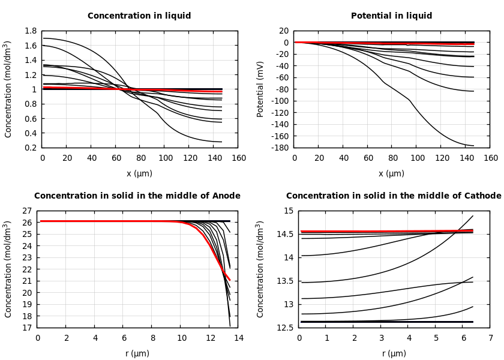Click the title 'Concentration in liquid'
tap(139, 16)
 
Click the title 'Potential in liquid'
tap(391, 16)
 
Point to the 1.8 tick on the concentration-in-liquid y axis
tap(31, 31)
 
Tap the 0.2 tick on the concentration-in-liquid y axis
tap(31, 148)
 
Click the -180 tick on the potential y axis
tap(279, 148)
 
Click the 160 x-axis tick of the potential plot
tap(490, 158)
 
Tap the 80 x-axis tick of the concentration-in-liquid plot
tap(140, 158)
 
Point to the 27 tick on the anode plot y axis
tap(27, 211)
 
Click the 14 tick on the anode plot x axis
tap(238, 338)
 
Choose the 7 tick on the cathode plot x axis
tap(490, 338)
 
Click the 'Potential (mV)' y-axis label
tap(260, 89)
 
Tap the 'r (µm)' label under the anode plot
tap(137, 353)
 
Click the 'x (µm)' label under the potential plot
tap(391, 173)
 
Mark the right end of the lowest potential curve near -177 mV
tap(473, 145)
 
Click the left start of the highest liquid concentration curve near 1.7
tap(44, 38)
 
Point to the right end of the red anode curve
tap(230, 280)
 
